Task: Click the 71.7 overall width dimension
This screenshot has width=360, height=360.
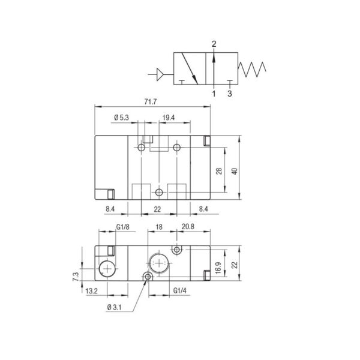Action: (151, 102)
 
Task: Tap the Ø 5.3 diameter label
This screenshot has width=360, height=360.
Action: (121, 118)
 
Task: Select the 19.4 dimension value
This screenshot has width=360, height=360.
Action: (169, 118)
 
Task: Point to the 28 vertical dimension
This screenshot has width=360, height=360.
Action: (219, 171)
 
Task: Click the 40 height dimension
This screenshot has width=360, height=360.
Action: (235, 171)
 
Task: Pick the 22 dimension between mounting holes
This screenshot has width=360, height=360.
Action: (157, 209)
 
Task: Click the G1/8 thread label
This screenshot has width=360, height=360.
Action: (123, 227)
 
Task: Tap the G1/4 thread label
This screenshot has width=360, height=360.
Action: (180, 290)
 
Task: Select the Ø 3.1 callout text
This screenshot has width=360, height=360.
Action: (115, 307)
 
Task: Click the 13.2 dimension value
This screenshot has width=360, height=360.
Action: (92, 291)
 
